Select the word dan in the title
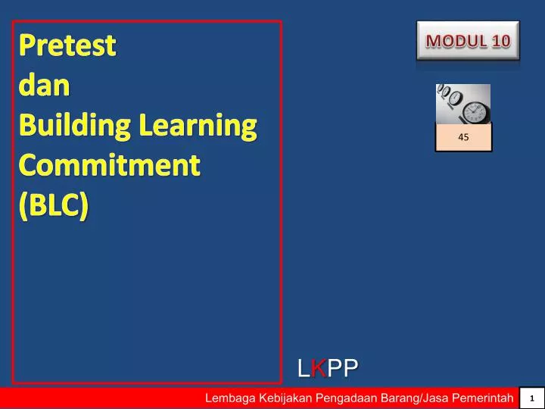click(x=43, y=86)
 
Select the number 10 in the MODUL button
click(x=500, y=40)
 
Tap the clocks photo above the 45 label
click(x=462, y=105)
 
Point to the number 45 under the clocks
click(x=463, y=138)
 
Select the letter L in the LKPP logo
click(x=304, y=369)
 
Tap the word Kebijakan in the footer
click(x=286, y=398)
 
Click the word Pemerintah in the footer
click(x=483, y=398)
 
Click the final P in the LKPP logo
click(x=349, y=369)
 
